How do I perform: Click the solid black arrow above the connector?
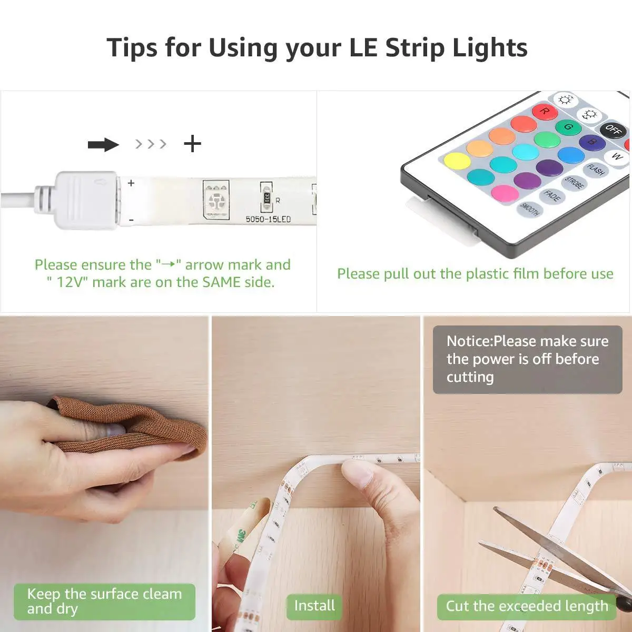103,144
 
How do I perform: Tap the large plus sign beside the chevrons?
193,144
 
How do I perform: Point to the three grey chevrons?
151,144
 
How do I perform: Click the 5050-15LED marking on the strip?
268,219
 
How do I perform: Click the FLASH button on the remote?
596,170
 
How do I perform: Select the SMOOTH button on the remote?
529,209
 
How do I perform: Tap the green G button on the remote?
568,127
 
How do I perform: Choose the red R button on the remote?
545,111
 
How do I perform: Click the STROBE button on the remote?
574,183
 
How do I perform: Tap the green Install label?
314,606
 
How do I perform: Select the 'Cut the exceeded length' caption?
527,606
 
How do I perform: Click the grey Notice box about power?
527,359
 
